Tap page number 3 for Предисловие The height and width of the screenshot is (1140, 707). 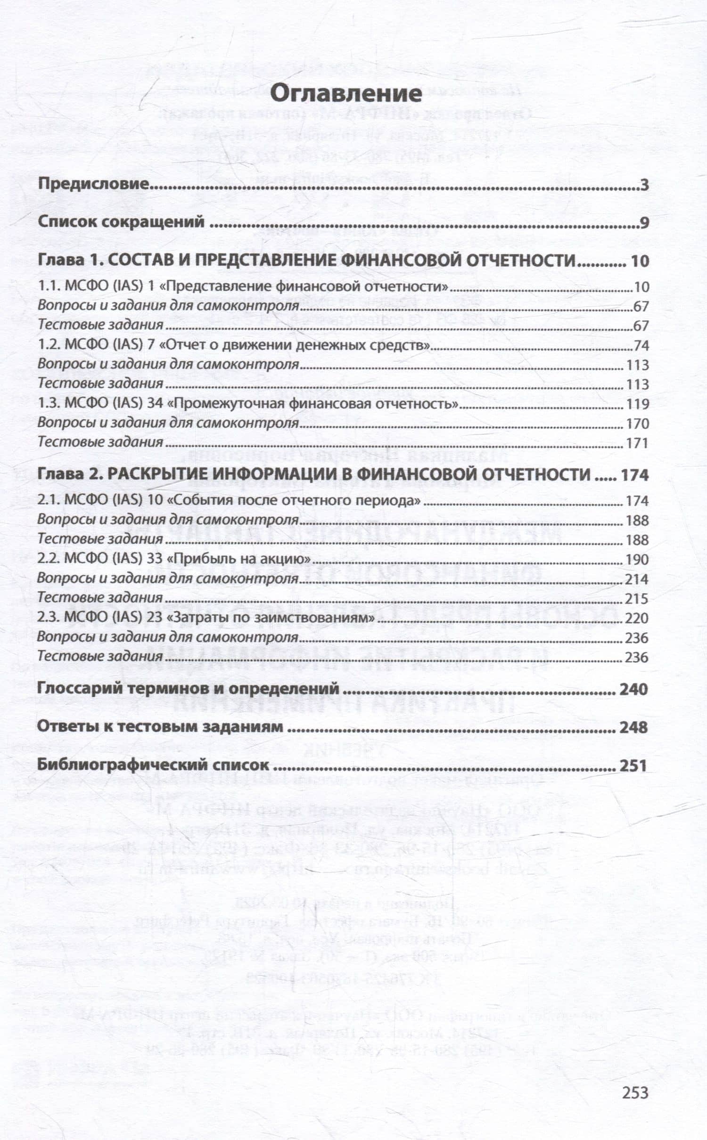click(644, 185)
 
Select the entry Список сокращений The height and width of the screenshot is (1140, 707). click(121, 222)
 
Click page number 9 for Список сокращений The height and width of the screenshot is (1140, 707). click(644, 223)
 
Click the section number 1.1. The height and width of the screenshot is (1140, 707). click(48, 286)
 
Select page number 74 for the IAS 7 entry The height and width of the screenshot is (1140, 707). click(641, 345)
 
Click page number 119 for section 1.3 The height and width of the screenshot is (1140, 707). click(637, 404)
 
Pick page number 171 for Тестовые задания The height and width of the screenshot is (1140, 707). click(637, 443)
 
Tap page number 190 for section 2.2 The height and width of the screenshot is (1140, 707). click(636, 559)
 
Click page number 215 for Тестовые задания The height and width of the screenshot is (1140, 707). click(636, 599)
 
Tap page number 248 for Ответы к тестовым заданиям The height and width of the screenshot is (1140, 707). click(634, 727)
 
